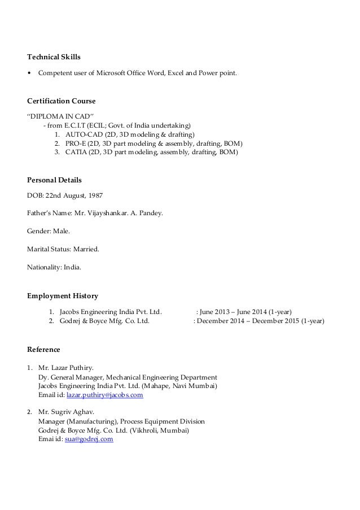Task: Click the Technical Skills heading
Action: click(x=54, y=57)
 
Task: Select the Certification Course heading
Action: click(x=61, y=101)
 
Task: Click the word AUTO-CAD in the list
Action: click(x=81, y=134)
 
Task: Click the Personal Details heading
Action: click(x=54, y=180)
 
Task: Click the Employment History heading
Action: click(x=63, y=295)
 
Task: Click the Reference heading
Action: click(x=44, y=348)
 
